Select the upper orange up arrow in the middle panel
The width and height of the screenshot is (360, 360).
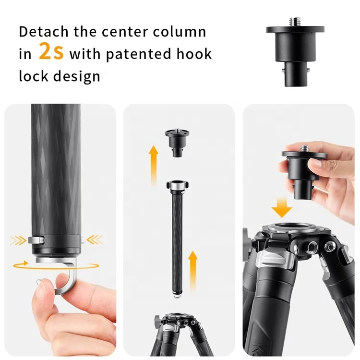point(154,161)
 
